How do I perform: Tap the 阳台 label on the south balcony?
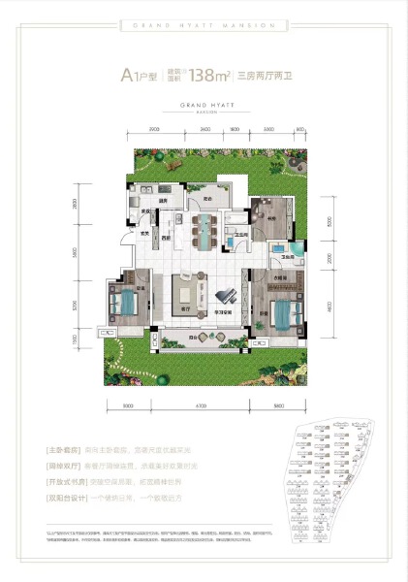click(193, 337)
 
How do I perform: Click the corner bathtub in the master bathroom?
click(298, 248)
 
